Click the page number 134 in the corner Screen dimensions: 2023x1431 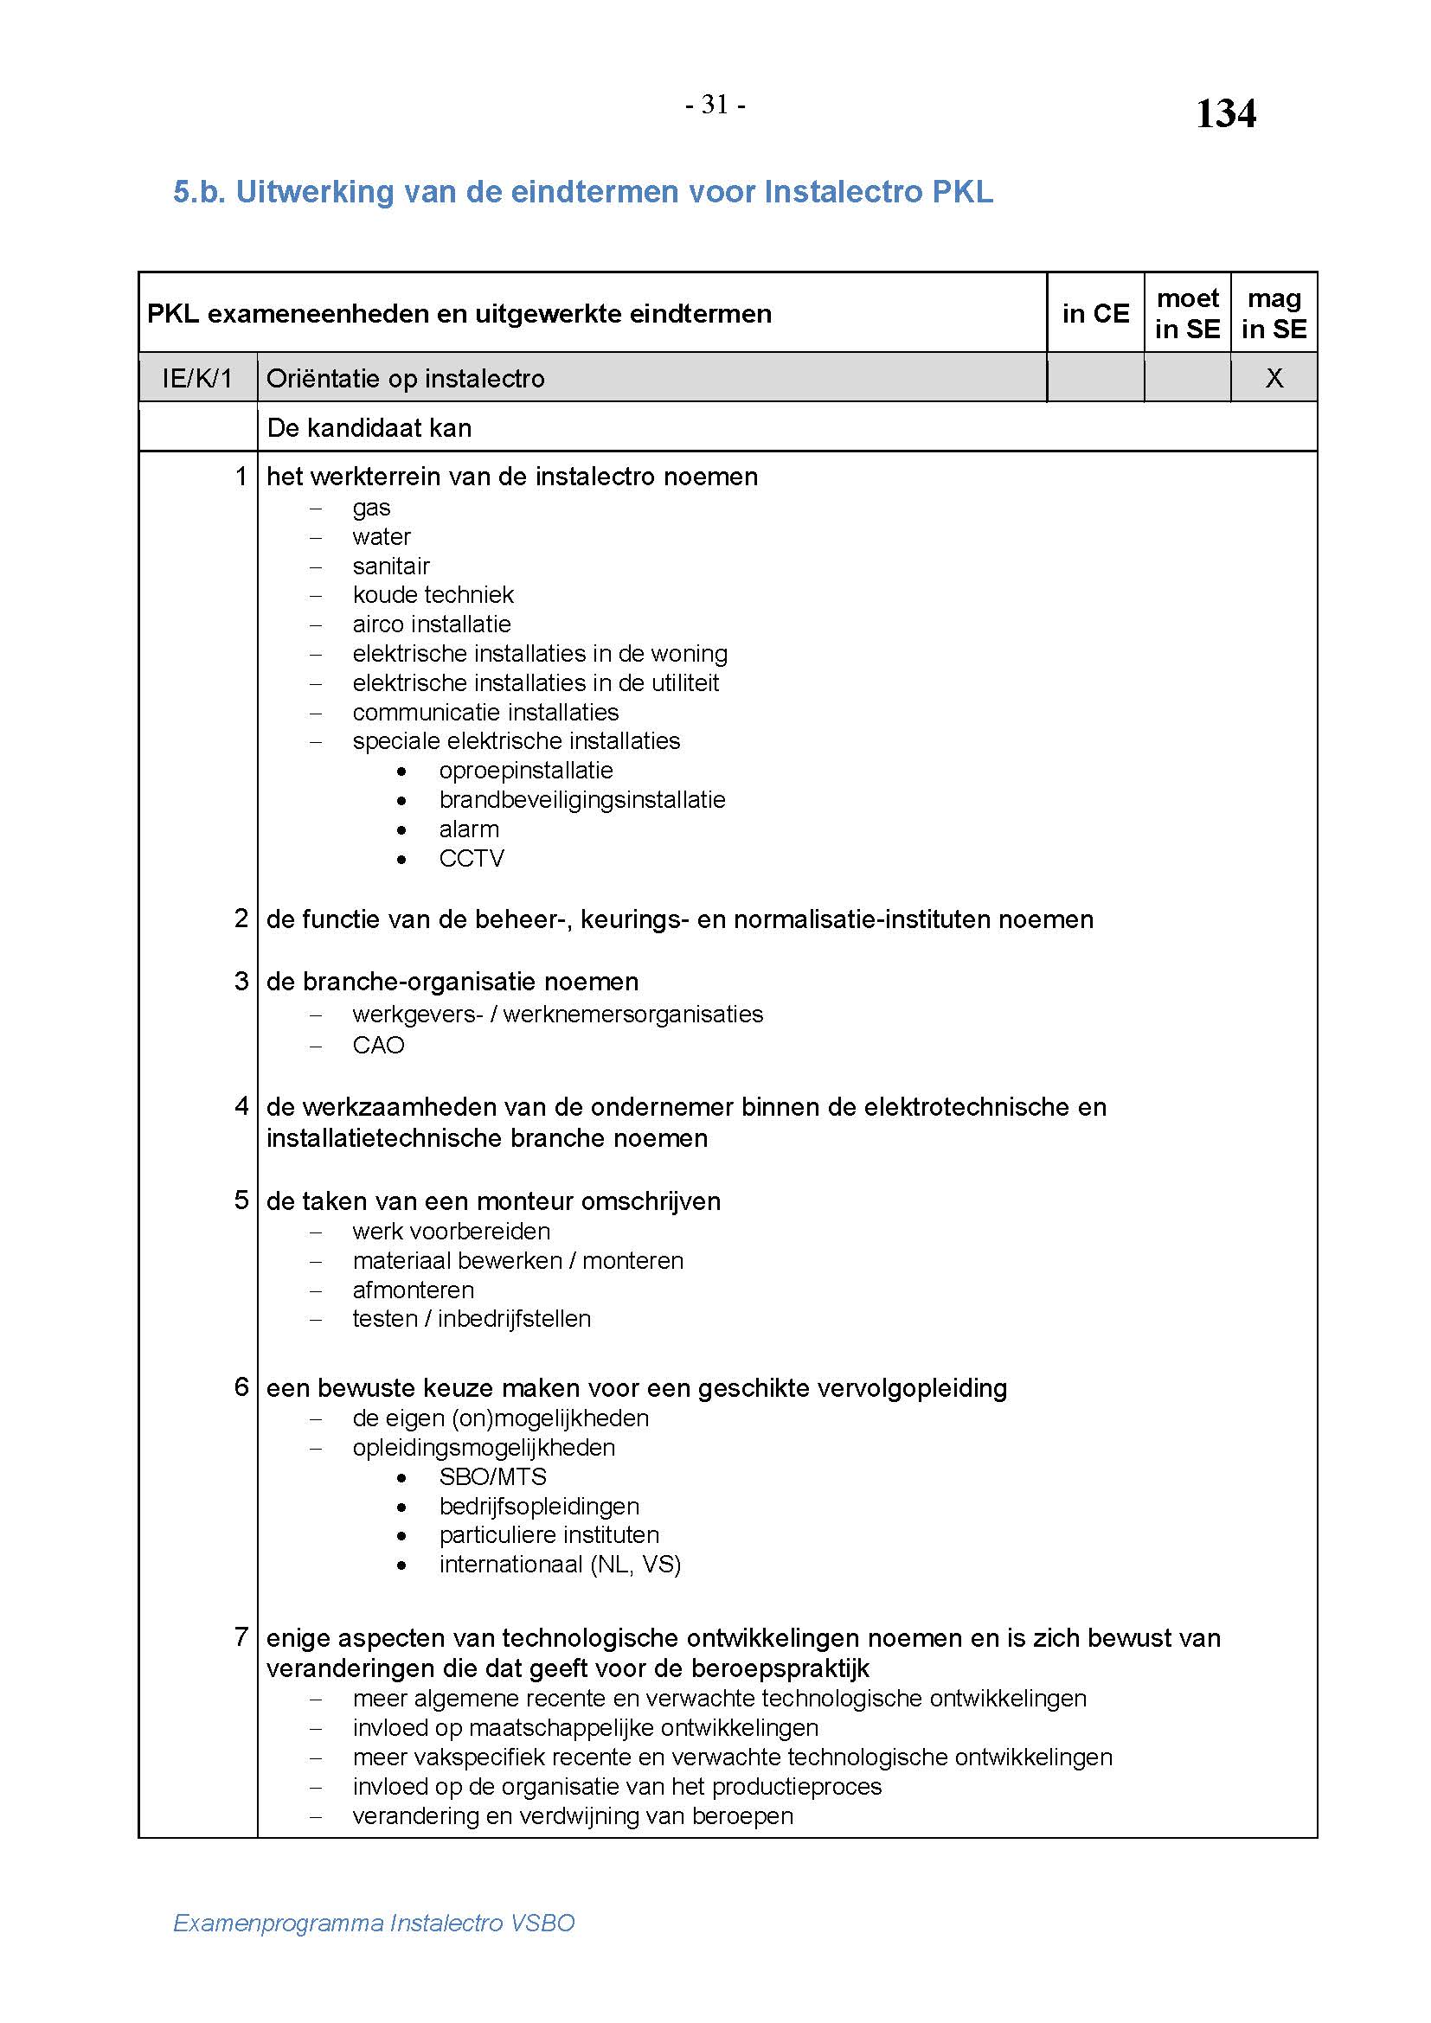(x=1225, y=113)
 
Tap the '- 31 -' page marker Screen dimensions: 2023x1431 (x=715, y=105)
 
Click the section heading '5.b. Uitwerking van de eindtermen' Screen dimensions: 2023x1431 (x=582, y=192)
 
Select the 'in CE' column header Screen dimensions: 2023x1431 (x=1095, y=314)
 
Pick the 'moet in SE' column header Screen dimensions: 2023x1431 (x=1187, y=314)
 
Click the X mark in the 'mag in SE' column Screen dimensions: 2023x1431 (x=1274, y=378)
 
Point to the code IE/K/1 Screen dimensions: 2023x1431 (x=197, y=379)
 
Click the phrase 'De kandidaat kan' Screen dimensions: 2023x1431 (x=369, y=428)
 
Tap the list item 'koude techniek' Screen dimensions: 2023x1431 (x=433, y=595)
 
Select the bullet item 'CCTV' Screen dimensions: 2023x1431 (x=472, y=858)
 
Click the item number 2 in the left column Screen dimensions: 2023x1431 (x=241, y=919)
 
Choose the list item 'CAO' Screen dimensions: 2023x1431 (x=378, y=1045)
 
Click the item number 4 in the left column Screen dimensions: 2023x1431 (x=241, y=1106)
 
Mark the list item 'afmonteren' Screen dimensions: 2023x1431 (x=413, y=1290)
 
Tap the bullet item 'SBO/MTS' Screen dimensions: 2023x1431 (x=492, y=1476)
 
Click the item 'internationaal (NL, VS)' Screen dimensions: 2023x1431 (x=560, y=1564)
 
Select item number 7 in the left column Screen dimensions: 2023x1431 (x=241, y=1637)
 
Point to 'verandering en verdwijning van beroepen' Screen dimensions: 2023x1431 (x=573, y=1816)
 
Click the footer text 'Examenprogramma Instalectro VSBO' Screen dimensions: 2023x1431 (x=374, y=1923)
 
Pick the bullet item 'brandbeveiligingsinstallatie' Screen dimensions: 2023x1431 (x=581, y=800)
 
